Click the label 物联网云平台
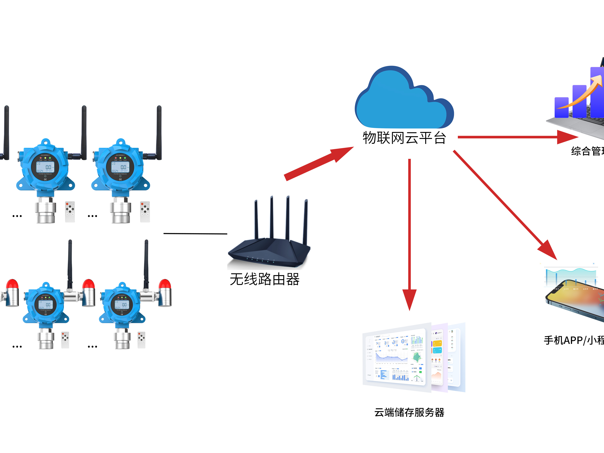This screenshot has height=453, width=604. [404, 138]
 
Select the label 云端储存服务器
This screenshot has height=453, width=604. [409, 412]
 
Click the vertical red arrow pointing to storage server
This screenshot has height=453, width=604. [409, 232]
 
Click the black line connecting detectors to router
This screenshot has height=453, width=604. [195, 233]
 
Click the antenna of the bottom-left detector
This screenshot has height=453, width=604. [70, 262]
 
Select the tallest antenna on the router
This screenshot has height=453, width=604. [288, 218]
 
